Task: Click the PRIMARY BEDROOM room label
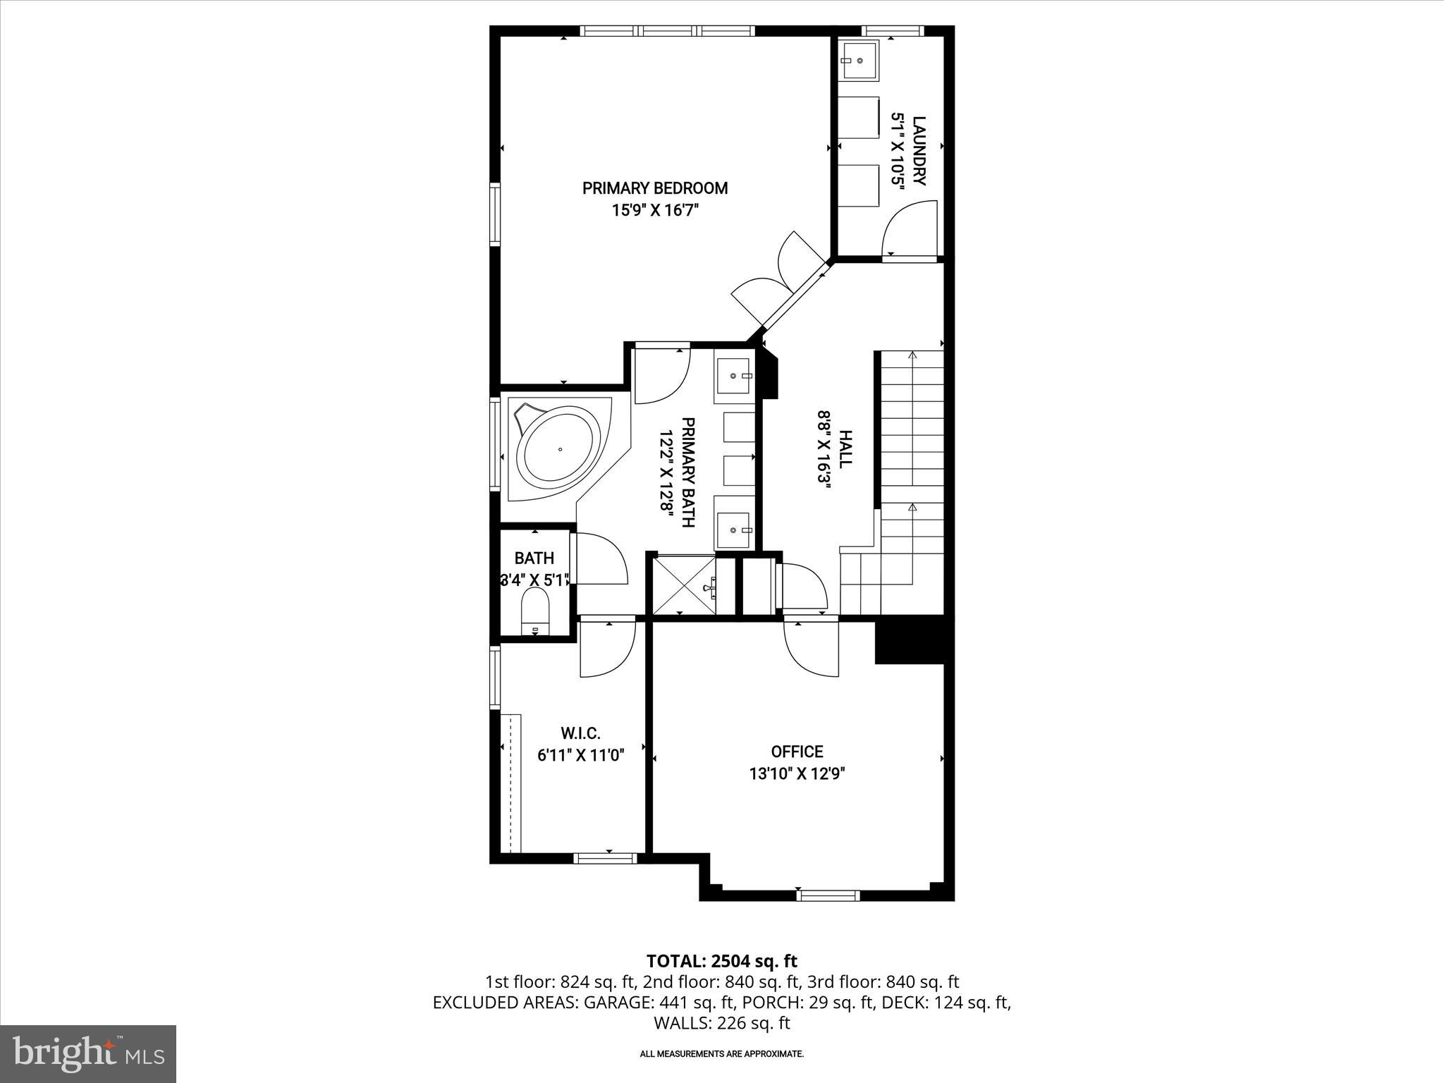tap(654, 188)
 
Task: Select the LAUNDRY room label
tap(918, 151)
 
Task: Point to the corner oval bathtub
tap(559, 449)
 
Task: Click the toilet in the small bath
tap(534, 610)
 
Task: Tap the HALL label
tap(845, 448)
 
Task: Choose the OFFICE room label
tap(797, 752)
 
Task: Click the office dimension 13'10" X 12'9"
tap(797, 773)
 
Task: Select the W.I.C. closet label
tap(580, 733)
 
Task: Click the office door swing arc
tap(811, 649)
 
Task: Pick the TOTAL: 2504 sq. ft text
tap(721, 961)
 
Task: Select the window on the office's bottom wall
tap(828, 895)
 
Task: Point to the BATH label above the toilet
tap(534, 558)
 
